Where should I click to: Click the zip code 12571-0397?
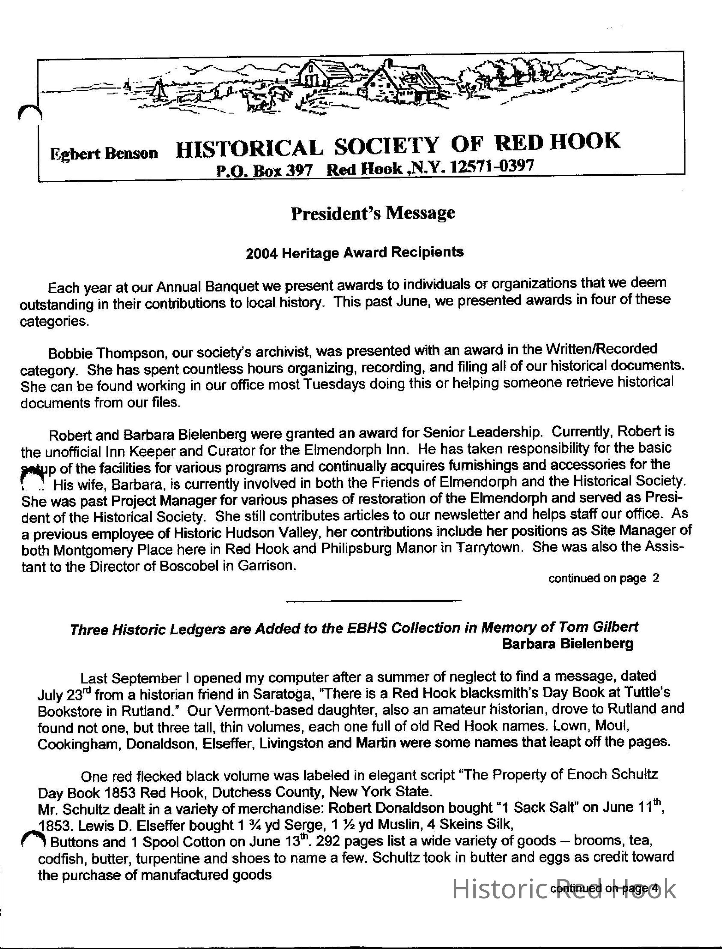click(x=491, y=166)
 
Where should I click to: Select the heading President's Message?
click(x=373, y=213)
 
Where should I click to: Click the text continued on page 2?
click(x=603, y=578)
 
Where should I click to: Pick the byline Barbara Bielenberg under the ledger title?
click(x=567, y=644)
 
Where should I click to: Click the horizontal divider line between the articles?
click(x=373, y=600)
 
